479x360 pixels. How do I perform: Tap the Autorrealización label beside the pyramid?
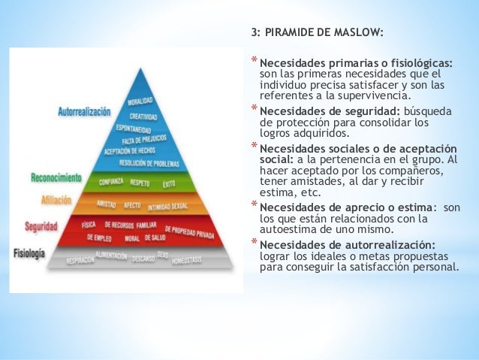pos(84,112)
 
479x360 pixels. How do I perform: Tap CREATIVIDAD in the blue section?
pos(143,116)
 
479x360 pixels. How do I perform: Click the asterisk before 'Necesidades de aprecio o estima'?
pos(254,205)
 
